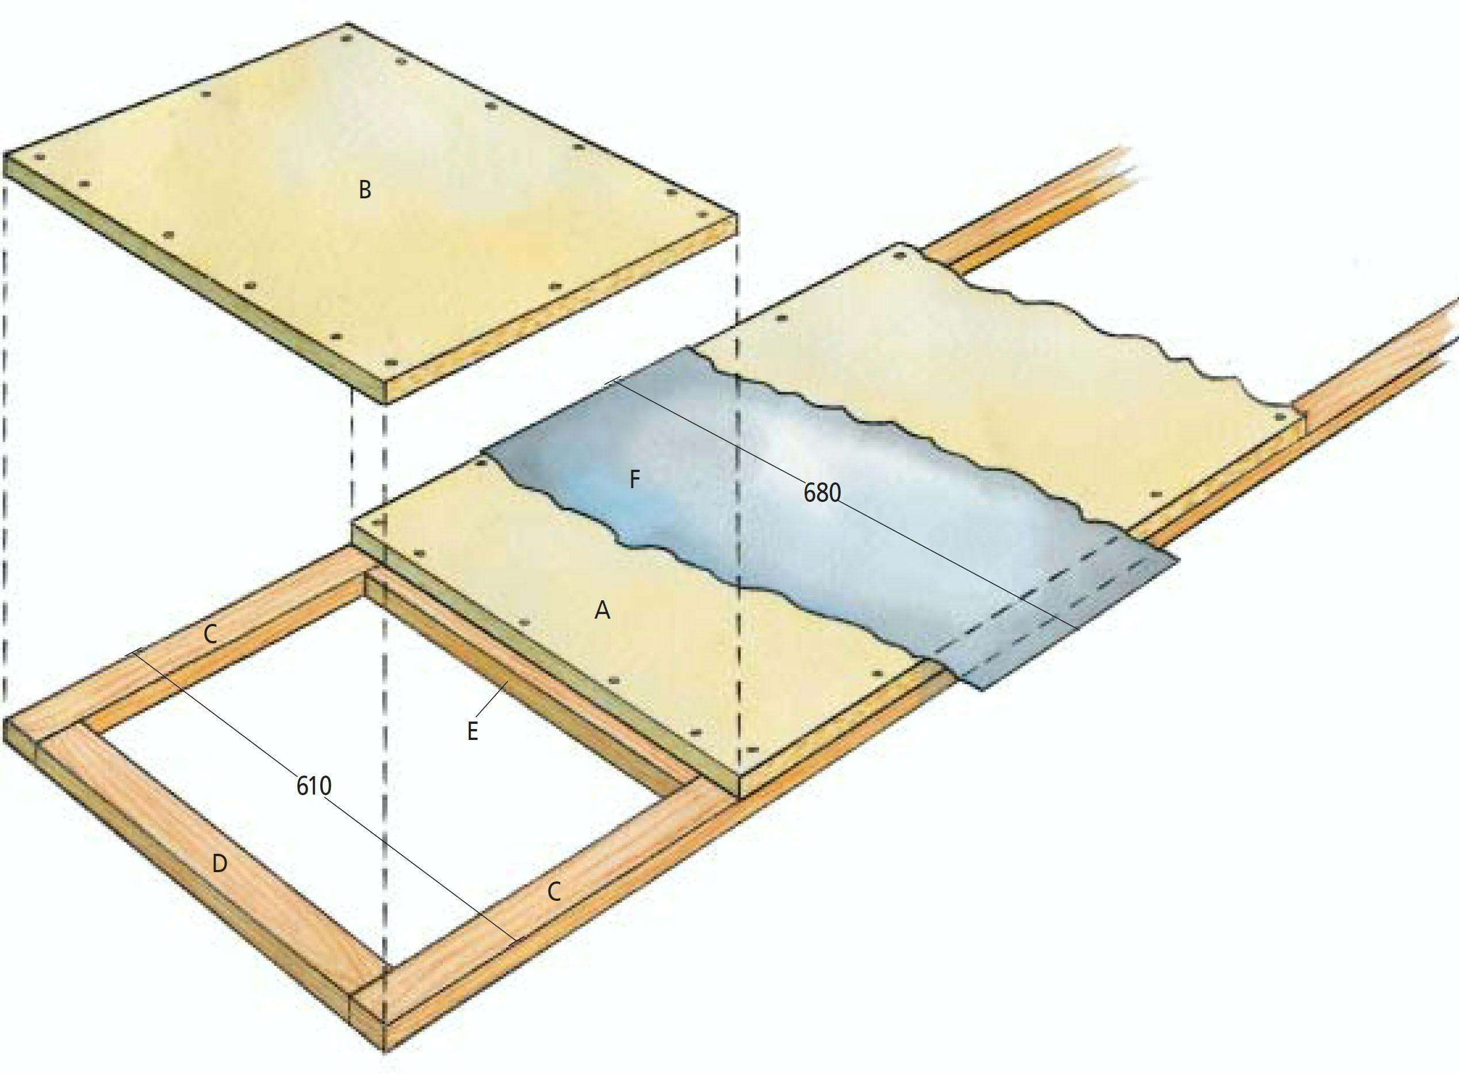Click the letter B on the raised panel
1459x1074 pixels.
point(365,190)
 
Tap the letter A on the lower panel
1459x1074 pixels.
point(603,611)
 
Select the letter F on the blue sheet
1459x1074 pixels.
point(634,480)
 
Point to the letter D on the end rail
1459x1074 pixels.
point(220,864)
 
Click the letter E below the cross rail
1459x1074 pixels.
point(473,731)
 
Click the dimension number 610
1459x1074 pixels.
point(314,786)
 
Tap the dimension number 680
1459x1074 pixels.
point(822,493)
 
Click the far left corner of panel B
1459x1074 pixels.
point(5,154)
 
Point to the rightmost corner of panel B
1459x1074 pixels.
point(737,214)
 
